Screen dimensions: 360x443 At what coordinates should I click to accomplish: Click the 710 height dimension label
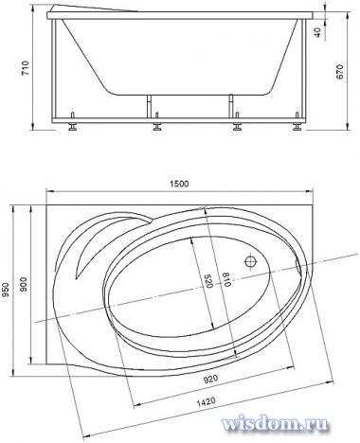click(25, 67)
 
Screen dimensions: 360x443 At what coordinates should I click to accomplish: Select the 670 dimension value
click(339, 72)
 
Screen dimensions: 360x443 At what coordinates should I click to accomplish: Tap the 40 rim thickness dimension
click(317, 32)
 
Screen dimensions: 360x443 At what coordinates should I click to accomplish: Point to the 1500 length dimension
click(179, 184)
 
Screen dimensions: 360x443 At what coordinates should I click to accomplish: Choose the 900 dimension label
click(24, 285)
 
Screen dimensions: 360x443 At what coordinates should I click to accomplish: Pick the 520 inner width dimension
click(207, 280)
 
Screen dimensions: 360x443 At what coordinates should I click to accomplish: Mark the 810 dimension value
click(226, 279)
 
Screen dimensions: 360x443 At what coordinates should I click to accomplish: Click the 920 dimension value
click(210, 379)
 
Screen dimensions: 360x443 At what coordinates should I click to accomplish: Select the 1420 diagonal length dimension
click(206, 402)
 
